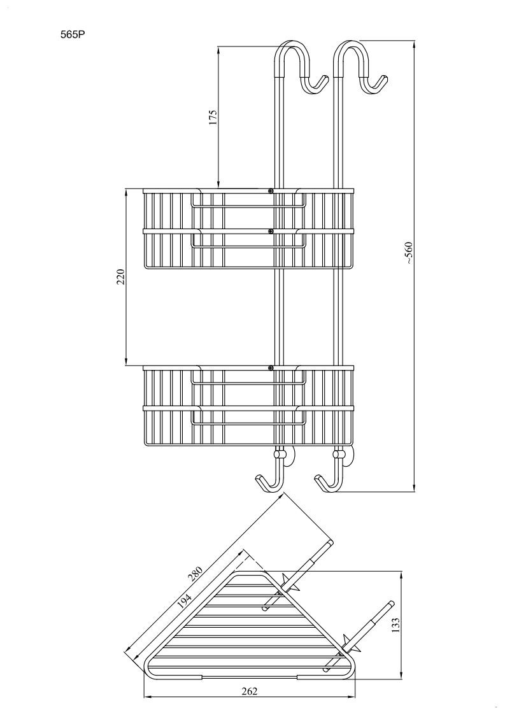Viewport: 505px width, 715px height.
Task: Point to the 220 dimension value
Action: pyautogui.click(x=120, y=276)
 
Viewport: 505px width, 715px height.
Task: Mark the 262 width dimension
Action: pyautogui.click(x=250, y=691)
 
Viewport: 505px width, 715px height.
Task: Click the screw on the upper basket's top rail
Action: pyautogui.click(x=271, y=190)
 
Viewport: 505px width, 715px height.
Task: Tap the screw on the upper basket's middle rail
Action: pyautogui.click(x=271, y=231)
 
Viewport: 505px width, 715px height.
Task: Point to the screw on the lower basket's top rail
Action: pyautogui.click(x=271, y=367)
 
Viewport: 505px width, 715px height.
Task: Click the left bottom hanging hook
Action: pyautogui.click(x=269, y=483)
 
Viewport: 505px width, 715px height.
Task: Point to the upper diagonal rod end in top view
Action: pyautogui.click(x=329, y=542)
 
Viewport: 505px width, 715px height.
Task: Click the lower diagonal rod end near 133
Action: pyautogui.click(x=390, y=604)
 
